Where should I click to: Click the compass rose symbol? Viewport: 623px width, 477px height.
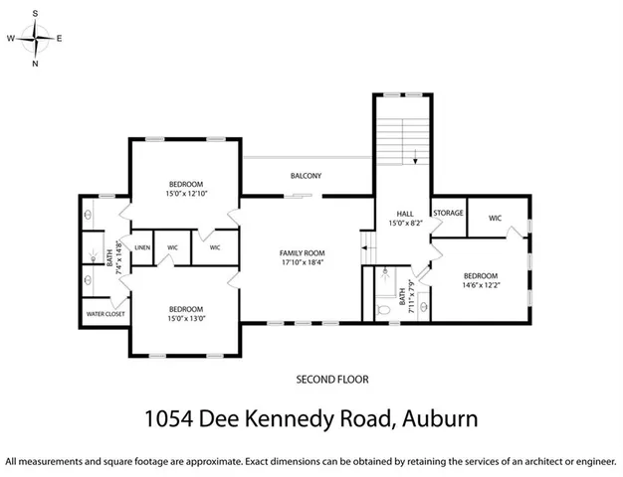pos(36,37)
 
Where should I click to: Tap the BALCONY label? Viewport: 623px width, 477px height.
pos(306,176)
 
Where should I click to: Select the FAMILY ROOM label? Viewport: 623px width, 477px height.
pos(302,253)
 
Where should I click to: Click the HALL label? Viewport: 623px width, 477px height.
pos(404,214)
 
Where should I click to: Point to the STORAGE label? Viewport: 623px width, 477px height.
pos(448,212)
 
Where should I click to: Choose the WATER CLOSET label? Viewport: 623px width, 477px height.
pos(104,315)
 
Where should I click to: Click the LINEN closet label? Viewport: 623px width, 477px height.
pos(142,246)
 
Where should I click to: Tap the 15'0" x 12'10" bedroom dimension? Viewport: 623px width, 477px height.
pos(186,194)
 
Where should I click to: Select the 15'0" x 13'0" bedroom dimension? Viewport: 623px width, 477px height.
pos(186,318)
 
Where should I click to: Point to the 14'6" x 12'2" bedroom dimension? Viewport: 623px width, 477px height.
pos(481,285)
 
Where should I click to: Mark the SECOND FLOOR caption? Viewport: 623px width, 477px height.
pos(332,379)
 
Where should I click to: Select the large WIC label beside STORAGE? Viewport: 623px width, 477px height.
pos(495,218)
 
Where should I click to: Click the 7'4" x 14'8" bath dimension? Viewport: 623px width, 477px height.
pos(118,258)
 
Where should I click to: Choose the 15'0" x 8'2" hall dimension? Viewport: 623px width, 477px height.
pos(405,224)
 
